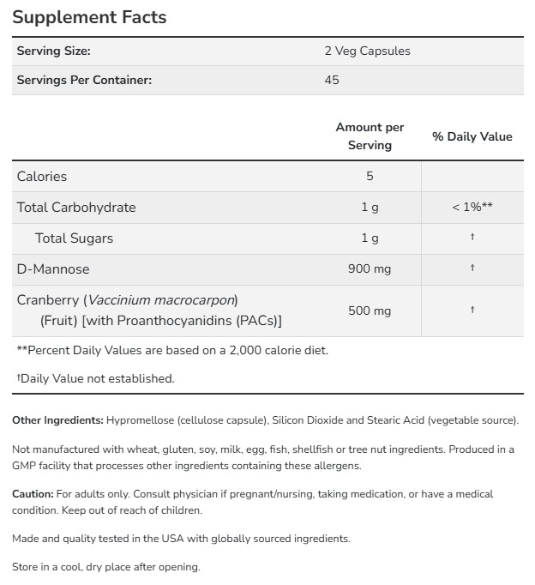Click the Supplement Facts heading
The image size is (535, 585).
click(89, 17)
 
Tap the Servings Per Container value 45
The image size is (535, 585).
click(332, 80)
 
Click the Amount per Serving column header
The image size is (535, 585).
click(370, 136)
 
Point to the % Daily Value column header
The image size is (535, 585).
click(472, 136)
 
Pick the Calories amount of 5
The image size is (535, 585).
click(370, 176)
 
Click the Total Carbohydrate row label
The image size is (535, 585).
click(76, 207)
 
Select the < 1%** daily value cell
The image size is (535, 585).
click(472, 207)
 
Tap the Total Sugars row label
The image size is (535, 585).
click(74, 238)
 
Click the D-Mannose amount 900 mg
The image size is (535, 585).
click(370, 268)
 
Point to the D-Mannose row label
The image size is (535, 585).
click(53, 268)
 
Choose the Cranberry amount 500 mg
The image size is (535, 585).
click(370, 310)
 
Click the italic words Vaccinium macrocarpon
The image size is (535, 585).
click(160, 300)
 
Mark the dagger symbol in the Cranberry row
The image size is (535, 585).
click(472, 310)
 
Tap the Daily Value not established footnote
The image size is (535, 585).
click(96, 377)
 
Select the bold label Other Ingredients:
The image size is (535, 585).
click(57, 420)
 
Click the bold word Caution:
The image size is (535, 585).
click(33, 494)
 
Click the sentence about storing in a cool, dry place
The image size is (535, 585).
click(105, 567)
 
